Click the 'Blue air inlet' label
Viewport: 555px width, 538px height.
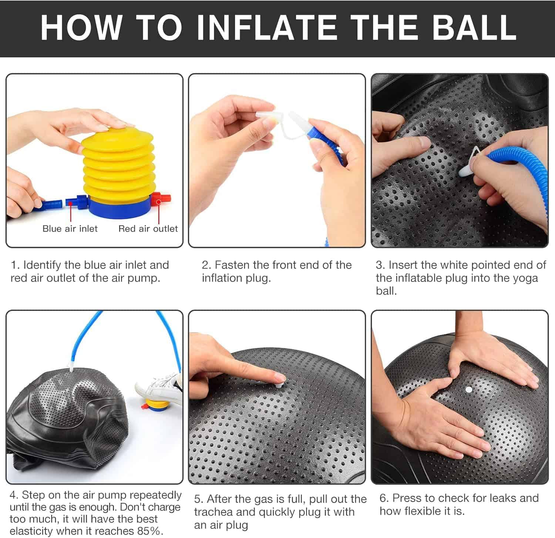(70, 229)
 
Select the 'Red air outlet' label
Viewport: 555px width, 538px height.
(148, 229)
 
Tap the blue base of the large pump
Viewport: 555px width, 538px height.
(118, 209)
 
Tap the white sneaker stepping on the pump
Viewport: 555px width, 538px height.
(159, 387)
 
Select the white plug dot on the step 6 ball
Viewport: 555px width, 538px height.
(468, 390)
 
